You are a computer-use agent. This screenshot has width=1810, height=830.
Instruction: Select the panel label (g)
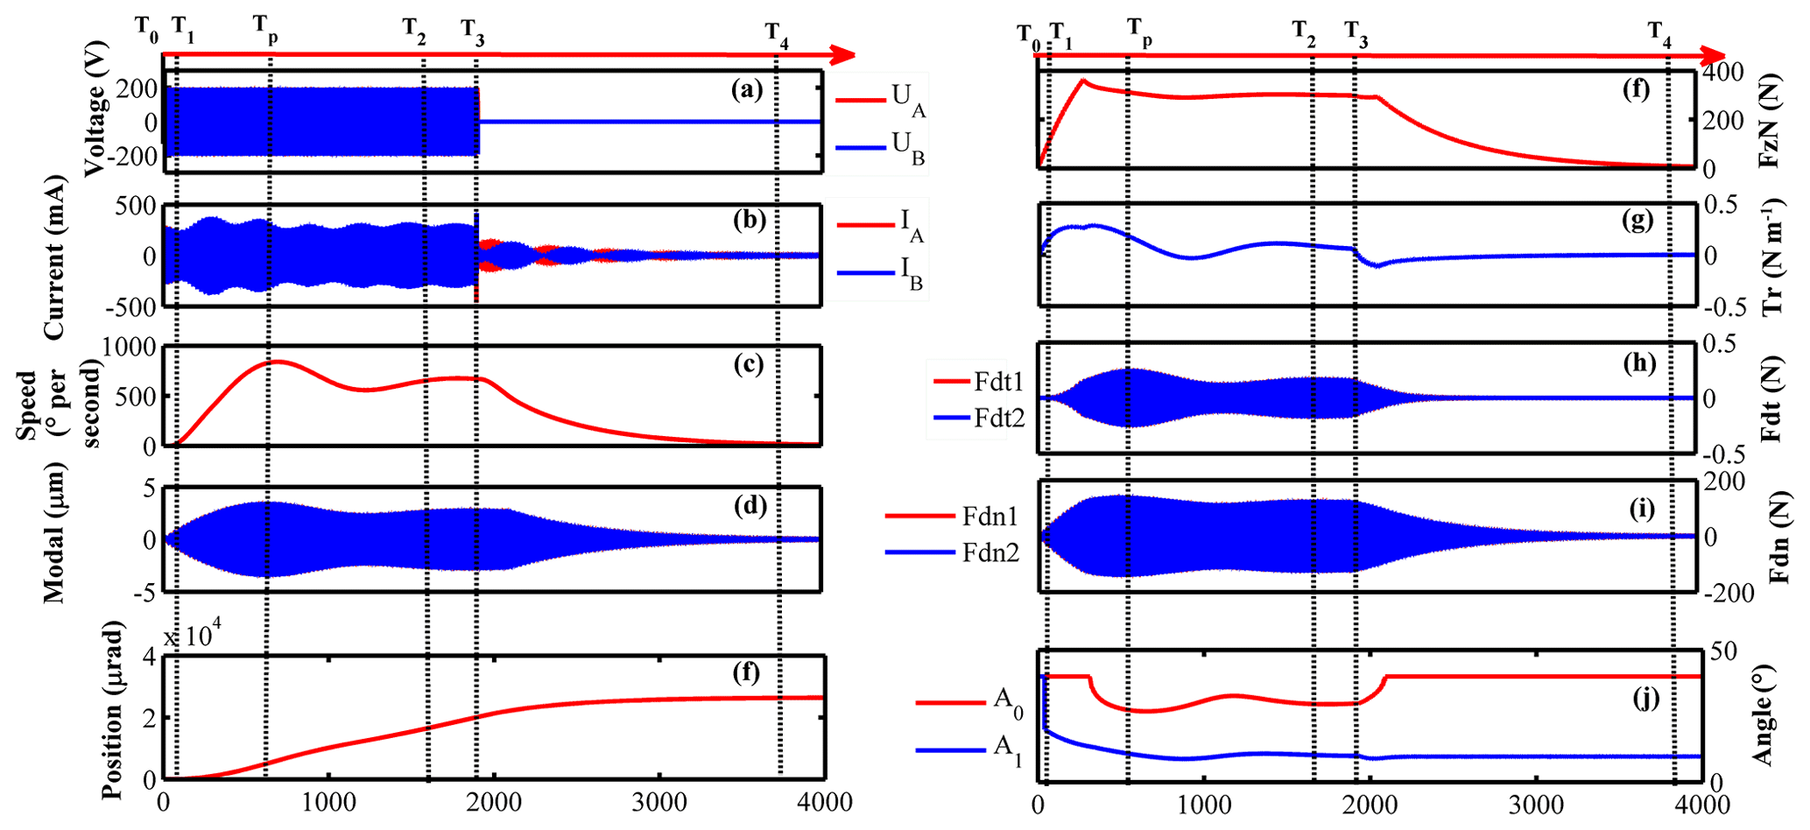point(1636,221)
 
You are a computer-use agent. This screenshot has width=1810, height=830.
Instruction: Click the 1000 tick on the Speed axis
point(130,348)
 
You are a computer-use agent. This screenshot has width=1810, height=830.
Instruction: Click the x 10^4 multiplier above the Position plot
point(195,637)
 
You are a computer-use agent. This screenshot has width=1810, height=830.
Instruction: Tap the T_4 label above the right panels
point(1659,33)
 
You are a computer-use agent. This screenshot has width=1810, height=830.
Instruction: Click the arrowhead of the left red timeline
point(842,55)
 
